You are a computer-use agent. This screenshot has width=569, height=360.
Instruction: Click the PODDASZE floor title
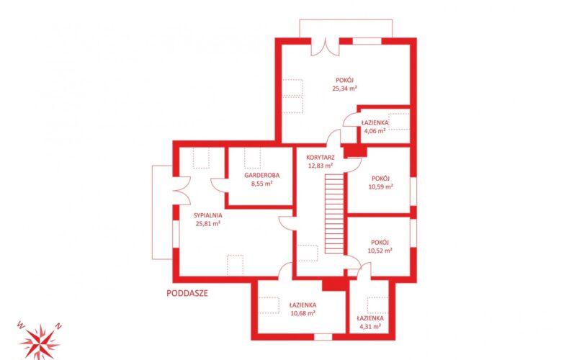tap(187, 293)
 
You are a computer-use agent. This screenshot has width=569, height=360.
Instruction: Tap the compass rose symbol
tap(40, 341)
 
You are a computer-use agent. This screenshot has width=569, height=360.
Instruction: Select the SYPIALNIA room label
tap(208, 215)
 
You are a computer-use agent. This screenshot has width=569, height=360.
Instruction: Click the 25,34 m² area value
tap(344, 88)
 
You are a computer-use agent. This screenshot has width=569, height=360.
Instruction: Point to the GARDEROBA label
tap(262, 175)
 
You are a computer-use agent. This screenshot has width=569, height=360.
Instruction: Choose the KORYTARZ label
tap(321, 158)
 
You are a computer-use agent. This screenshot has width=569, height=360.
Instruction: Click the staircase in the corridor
tap(334, 214)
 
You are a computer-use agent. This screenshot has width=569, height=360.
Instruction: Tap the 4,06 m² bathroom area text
tap(375, 131)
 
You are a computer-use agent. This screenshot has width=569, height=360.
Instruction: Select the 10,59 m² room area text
tap(380, 187)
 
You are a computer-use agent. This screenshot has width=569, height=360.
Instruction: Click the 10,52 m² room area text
tap(380, 251)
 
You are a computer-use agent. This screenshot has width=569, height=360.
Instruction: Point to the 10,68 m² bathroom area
tap(303, 313)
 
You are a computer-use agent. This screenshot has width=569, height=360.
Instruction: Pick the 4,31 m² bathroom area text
tap(370, 326)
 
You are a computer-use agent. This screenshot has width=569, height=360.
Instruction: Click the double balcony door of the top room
tap(325, 47)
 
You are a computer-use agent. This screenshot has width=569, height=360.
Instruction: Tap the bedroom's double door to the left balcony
tap(181, 191)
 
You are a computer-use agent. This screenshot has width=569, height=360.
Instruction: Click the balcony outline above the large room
tap(346, 19)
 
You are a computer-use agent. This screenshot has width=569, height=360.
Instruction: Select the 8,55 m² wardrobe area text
tap(262, 184)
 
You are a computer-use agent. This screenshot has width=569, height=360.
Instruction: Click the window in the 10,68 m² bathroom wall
tap(323, 337)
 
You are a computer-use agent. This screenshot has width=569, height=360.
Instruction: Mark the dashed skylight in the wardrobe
tap(253, 158)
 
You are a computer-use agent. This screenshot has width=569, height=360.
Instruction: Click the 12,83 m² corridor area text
tap(321, 166)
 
